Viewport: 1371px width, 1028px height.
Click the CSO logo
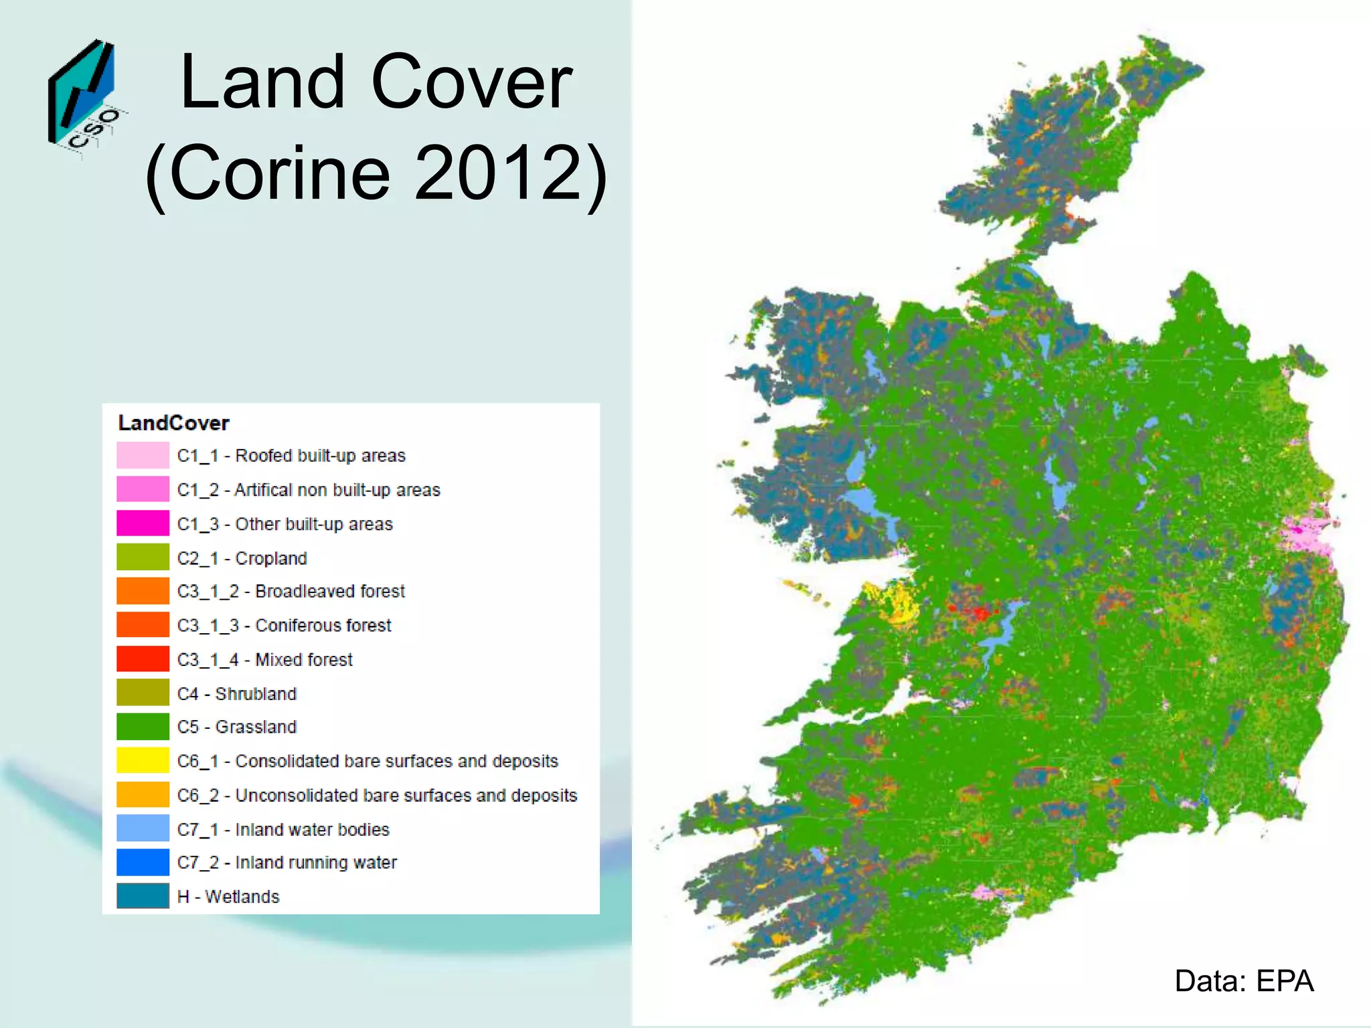tap(84, 98)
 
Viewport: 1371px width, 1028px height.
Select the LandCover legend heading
tap(173, 423)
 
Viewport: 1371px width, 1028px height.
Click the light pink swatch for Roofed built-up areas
tap(143, 455)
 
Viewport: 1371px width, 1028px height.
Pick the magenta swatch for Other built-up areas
tap(143, 523)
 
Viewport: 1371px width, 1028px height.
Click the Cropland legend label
tap(242, 558)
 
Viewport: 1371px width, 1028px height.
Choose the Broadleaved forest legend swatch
tap(143, 592)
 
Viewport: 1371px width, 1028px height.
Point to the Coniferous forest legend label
tap(284, 625)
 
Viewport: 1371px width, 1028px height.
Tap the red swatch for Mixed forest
tap(143, 659)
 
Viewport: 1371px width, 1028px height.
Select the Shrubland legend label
tap(237, 693)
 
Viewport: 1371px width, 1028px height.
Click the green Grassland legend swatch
tap(143, 727)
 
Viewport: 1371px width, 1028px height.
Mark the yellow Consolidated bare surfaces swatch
tap(143, 761)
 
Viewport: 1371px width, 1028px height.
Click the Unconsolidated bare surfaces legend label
tap(377, 795)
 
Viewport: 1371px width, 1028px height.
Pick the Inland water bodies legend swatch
tap(143, 829)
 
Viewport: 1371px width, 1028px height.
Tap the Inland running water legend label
tap(287, 863)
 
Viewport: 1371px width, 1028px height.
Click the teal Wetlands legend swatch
tap(143, 896)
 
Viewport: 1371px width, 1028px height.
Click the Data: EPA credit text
tap(1244, 981)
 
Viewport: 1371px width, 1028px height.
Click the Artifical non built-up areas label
tap(309, 490)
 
